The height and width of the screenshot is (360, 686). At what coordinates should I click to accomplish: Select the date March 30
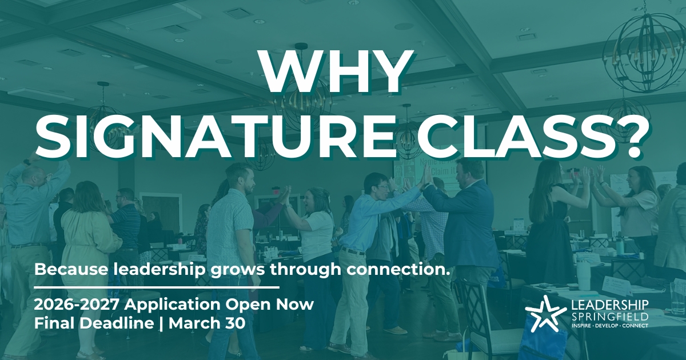207,323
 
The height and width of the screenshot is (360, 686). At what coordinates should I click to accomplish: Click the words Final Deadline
94,323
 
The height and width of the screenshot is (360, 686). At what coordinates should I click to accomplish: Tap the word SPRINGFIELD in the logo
610,316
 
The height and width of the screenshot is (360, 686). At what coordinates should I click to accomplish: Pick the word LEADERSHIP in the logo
610,305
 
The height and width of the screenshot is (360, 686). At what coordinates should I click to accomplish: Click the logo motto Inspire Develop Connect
610,325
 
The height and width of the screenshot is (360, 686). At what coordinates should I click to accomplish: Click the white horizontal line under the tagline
157,287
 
